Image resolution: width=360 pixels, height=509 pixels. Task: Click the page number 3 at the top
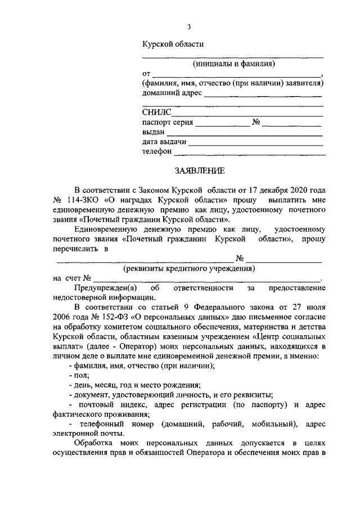tap(190, 26)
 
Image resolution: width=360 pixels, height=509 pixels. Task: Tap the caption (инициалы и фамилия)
tap(232, 64)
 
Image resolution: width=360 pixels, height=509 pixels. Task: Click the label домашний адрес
tap(171, 93)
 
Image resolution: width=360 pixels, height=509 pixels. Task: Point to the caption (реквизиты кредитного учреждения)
tap(190, 268)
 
